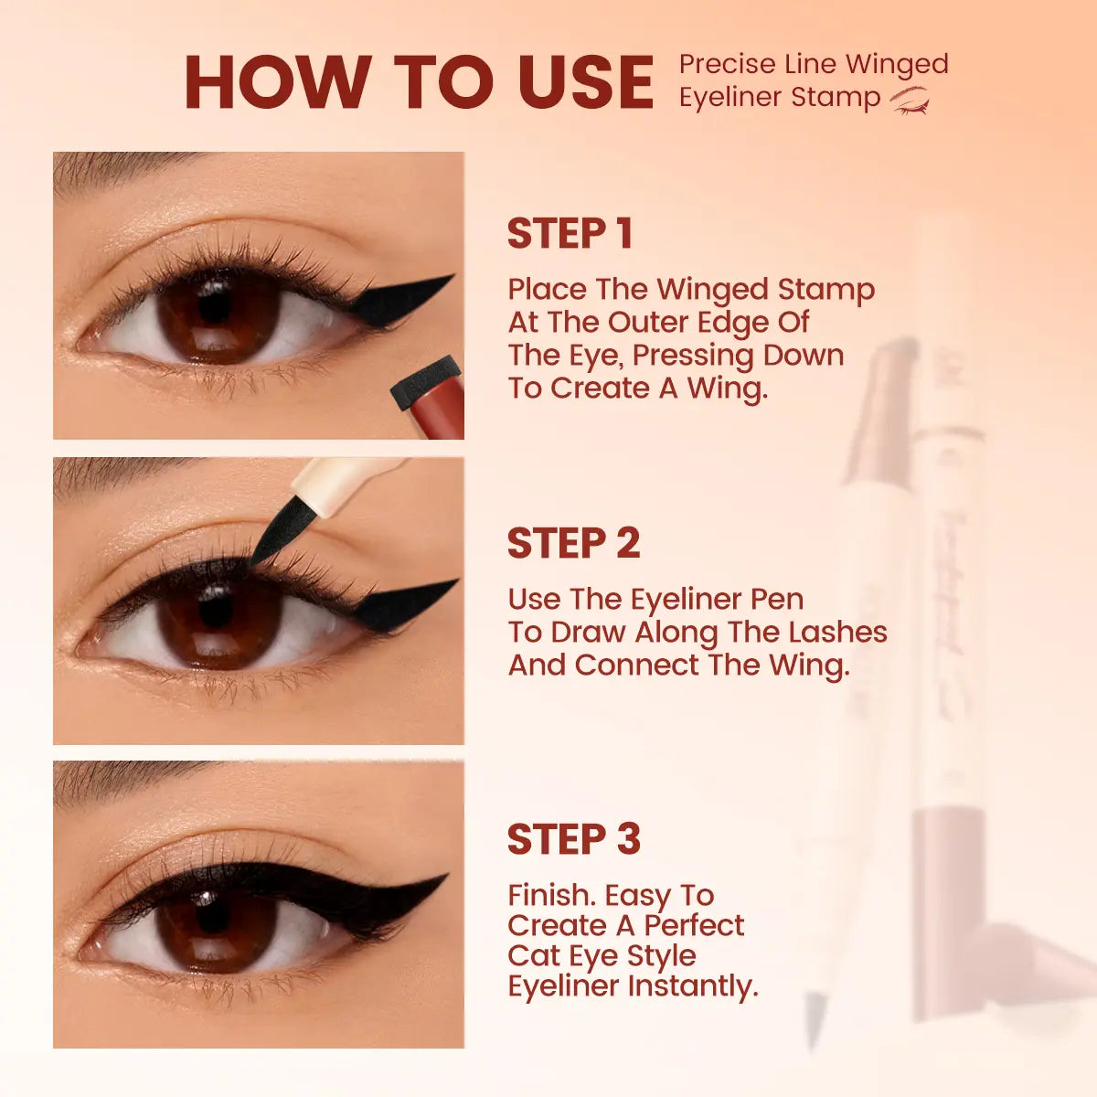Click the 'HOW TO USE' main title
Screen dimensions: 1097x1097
419,82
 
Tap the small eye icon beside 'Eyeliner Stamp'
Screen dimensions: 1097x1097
910,99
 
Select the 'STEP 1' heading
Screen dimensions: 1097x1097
570,234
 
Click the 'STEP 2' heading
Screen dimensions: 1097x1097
573,544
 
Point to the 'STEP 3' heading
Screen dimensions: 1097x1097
573,839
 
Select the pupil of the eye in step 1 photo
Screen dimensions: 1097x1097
216,306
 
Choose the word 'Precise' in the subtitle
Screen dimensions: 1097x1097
727,65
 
